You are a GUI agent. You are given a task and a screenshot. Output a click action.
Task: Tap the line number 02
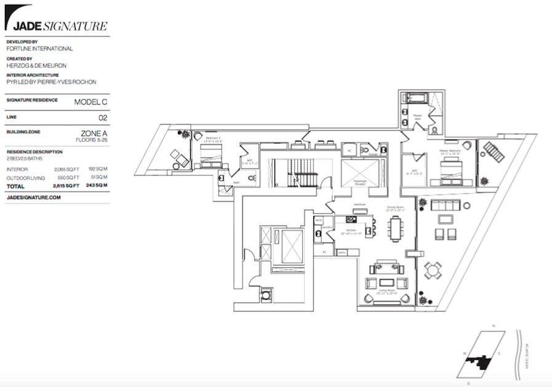(103, 117)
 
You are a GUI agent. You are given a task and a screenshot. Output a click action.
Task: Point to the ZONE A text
(94, 132)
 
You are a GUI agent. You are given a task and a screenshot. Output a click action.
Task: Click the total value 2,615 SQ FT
(67, 185)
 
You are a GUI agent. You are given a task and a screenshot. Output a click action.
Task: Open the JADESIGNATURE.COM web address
(34, 197)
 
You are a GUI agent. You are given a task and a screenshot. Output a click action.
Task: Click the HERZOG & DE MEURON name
(36, 65)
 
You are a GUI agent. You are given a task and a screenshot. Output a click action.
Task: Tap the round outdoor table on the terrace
(433, 269)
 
